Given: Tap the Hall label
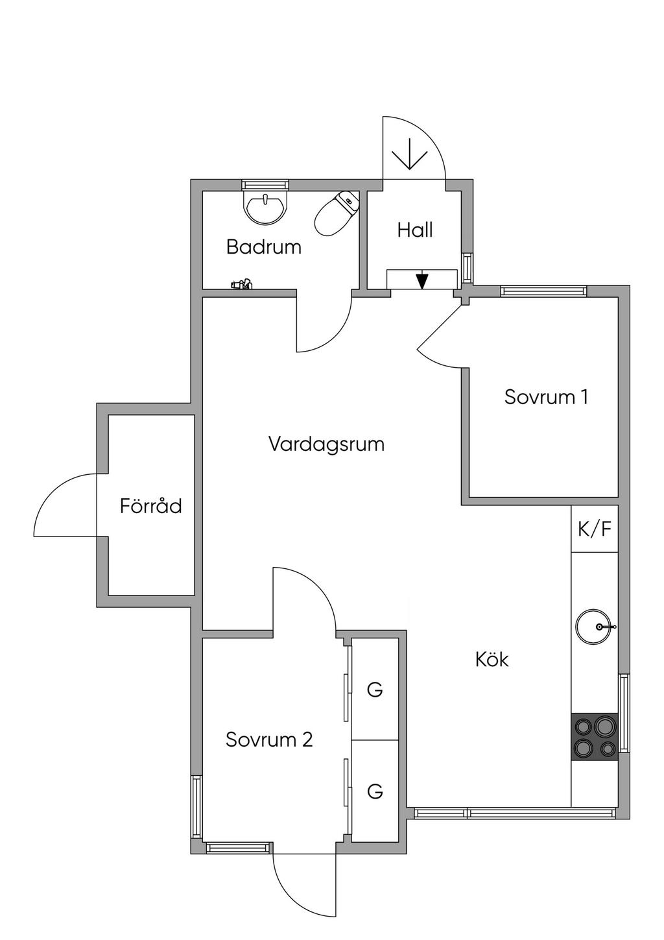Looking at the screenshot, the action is (x=415, y=230).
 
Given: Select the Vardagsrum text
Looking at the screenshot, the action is (x=326, y=444).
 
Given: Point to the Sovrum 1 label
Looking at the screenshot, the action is (x=546, y=397).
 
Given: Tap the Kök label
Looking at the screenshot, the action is (x=492, y=659).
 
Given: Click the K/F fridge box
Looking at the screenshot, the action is (x=594, y=529).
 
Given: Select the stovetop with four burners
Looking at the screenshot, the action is (x=595, y=737).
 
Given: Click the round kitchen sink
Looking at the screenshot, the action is (x=593, y=627).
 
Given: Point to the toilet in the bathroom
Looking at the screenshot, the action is (x=337, y=213).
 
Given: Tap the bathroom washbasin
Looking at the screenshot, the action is (x=266, y=207).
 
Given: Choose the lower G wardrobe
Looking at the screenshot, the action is (x=375, y=791).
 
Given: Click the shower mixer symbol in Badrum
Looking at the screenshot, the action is (x=242, y=284).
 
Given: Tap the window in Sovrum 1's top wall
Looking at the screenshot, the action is (x=543, y=291).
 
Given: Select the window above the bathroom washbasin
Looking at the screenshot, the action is (x=265, y=185).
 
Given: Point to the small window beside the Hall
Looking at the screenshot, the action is (x=468, y=268).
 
